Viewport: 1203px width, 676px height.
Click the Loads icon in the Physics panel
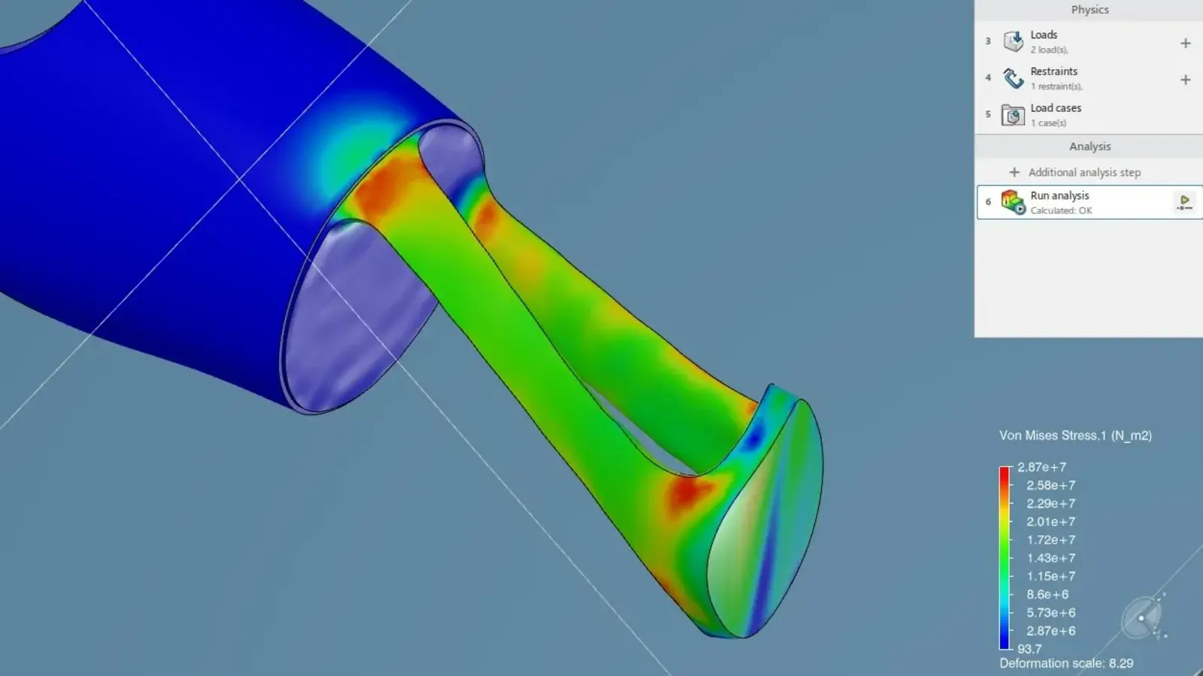(1013, 41)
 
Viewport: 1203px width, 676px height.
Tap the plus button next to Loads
(1185, 43)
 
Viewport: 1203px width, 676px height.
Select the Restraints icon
(1013, 78)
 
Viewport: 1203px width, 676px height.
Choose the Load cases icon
(1013, 115)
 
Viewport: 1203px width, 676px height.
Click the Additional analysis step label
(1084, 172)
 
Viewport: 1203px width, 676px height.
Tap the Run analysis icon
(1013, 202)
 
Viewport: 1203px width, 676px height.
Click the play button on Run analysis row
(1185, 202)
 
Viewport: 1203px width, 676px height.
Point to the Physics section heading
(1089, 10)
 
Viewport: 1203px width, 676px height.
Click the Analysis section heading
(1089, 147)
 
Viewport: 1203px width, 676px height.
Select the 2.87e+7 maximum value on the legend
(1041, 467)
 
